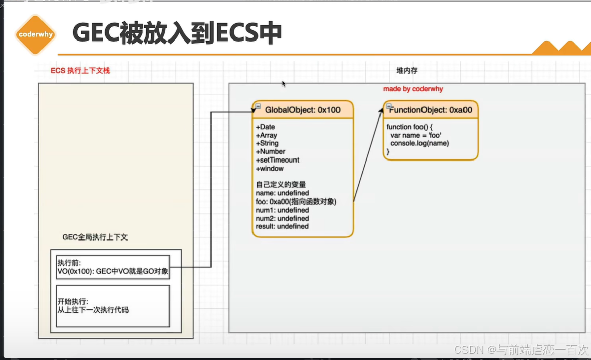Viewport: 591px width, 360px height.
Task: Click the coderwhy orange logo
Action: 35,35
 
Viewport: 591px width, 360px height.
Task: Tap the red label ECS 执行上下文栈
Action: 80,71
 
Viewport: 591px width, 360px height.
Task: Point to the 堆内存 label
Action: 407,71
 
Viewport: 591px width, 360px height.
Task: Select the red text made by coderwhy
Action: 412,89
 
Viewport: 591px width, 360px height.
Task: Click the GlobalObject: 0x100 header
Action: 303,110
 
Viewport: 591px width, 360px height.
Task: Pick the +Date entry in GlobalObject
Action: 265,127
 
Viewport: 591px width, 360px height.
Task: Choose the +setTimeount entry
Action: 277,160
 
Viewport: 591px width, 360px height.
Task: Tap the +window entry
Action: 270,168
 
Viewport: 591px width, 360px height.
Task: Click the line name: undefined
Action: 282,193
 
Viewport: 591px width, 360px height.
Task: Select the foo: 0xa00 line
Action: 297,202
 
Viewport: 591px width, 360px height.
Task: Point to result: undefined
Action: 282,226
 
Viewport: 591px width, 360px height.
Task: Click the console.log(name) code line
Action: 419,143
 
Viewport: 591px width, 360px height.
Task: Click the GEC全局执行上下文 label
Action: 95,237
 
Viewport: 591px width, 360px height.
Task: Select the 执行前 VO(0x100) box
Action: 113,268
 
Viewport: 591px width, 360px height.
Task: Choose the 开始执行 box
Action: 113,306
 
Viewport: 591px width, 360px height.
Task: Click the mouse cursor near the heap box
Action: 284,84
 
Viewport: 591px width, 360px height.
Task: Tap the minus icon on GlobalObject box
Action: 258,106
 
